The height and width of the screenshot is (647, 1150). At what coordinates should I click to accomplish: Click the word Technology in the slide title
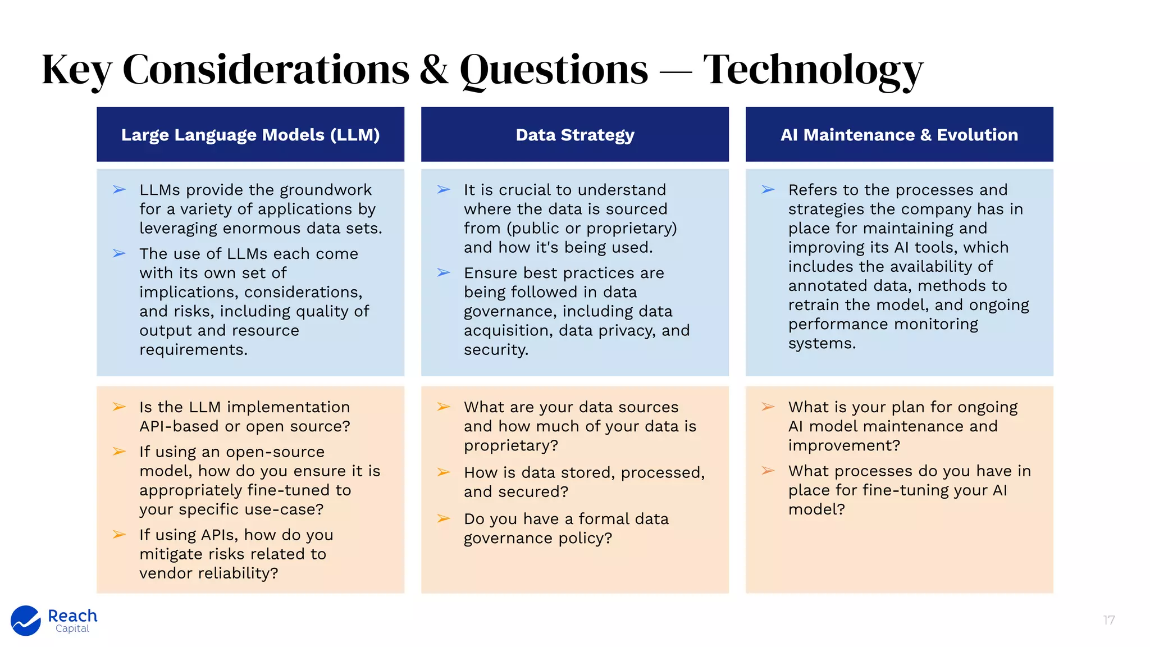click(x=813, y=70)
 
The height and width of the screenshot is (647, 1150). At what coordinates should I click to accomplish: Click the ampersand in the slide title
click(x=434, y=70)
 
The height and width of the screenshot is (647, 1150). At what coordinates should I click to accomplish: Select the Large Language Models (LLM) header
click(x=250, y=135)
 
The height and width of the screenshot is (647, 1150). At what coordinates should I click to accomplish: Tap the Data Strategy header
click(x=575, y=135)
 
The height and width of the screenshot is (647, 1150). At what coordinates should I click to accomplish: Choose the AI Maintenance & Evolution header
click(x=899, y=135)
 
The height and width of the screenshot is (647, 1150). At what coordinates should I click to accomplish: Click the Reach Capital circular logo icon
click(x=26, y=621)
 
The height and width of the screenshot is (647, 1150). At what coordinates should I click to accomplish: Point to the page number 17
click(x=1108, y=620)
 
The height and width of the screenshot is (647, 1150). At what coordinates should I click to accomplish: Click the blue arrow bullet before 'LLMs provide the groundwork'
click(x=119, y=190)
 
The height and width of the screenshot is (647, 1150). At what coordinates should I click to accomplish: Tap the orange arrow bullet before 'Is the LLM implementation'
click(x=119, y=407)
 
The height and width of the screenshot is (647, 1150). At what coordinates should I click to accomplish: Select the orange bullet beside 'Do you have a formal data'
click(x=444, y=518)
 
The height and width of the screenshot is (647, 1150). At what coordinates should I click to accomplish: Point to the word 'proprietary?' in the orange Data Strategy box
click(x=511, y=445)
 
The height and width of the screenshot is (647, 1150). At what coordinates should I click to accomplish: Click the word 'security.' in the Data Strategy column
click(x=496, y=350)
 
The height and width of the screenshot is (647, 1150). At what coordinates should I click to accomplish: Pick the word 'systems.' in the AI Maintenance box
click(x=822, y=343)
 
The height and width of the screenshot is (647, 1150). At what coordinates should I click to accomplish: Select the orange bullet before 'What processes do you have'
click(x=768, y=471)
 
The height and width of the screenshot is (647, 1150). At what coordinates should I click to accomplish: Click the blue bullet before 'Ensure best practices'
click(x=444, y=273)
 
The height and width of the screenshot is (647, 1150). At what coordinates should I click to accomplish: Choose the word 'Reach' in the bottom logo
click(x=72, y=616)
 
